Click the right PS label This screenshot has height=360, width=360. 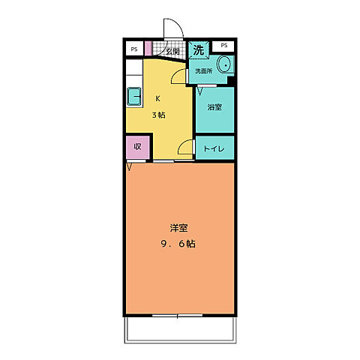(x=224, y=46)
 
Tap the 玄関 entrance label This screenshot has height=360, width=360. (x=172, y=52)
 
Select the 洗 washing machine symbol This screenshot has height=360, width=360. (x=199, y=50)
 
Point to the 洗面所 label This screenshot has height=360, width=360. (x=204, y=72)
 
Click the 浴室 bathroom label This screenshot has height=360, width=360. (x=214, y=107)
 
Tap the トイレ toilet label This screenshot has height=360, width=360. (x=214, y=148)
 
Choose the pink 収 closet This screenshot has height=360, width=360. (x=137, y=147)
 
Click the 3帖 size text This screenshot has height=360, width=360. (x=160, y=115)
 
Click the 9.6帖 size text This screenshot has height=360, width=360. (x=178, y=244)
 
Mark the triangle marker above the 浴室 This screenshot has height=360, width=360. (x=200, y=91)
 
